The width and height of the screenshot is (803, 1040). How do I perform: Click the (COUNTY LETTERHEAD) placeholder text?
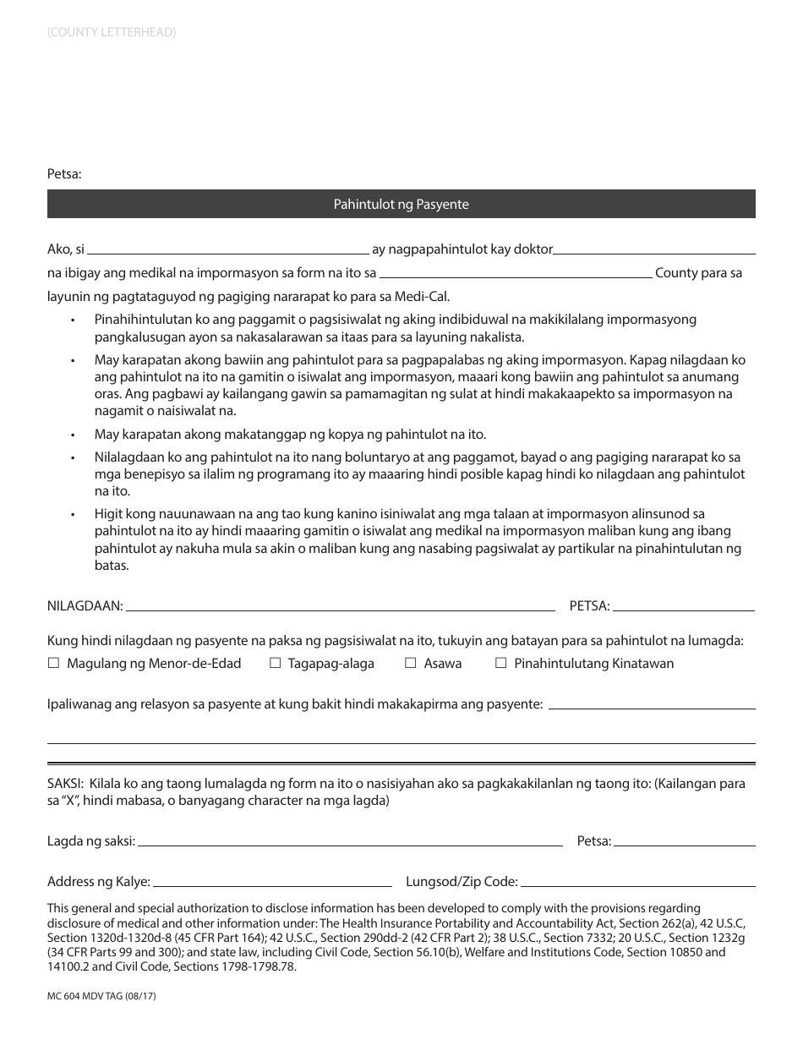click(112, 32)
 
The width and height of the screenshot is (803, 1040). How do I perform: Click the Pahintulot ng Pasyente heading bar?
click(401, 205)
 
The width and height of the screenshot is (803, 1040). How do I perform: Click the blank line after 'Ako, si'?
click(228, 252)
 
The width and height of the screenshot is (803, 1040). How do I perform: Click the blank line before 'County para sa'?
click(516, 276)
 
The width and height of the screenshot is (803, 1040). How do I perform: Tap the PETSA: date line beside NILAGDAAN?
click(683, 608)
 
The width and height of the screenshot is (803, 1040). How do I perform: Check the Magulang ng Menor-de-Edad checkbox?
click(54, 664)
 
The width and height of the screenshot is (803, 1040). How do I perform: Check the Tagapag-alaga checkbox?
click(275, 664)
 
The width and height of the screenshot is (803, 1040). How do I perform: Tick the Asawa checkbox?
click(411, 664)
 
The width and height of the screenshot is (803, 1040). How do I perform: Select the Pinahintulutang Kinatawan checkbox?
click(501, 664)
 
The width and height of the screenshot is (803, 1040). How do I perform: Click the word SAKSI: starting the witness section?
click(65, 784)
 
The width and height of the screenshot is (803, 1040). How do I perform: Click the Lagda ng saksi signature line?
click(349, 844)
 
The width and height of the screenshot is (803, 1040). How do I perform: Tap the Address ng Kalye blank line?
click(272, 884)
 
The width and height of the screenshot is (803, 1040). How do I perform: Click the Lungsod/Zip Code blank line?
click(637, 884)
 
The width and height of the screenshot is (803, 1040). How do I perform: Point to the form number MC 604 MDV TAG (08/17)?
click(101, 997)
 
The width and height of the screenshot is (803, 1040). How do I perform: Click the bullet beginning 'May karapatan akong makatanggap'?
click(290, 435)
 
